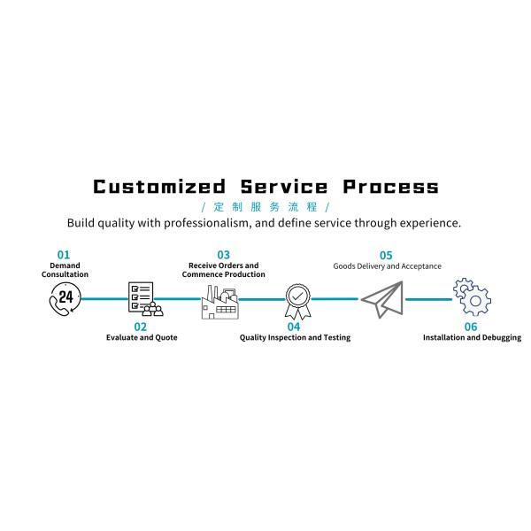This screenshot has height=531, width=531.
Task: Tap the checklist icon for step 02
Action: [144, 299]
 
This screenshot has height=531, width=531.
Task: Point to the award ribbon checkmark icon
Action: [297, 301]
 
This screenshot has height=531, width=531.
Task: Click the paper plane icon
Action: [381, 299]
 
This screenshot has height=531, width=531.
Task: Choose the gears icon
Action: [472, 298]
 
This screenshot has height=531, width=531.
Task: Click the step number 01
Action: [64, 254]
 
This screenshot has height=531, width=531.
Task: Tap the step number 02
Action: [141, 327]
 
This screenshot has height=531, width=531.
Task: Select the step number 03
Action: [223, 254]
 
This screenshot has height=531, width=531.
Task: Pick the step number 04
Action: [294, 327]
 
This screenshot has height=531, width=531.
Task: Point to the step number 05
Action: [386, 254]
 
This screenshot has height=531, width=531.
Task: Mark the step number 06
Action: [471, 327]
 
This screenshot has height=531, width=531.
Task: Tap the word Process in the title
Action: [390, 187]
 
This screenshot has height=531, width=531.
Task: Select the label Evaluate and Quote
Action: [142, 338]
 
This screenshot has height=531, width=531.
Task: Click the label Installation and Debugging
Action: [472, 338]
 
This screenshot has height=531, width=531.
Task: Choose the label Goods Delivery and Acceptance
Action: [387, 265]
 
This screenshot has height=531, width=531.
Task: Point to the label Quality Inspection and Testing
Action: [295, 338]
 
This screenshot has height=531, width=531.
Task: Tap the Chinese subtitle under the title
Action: [265, 205]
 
